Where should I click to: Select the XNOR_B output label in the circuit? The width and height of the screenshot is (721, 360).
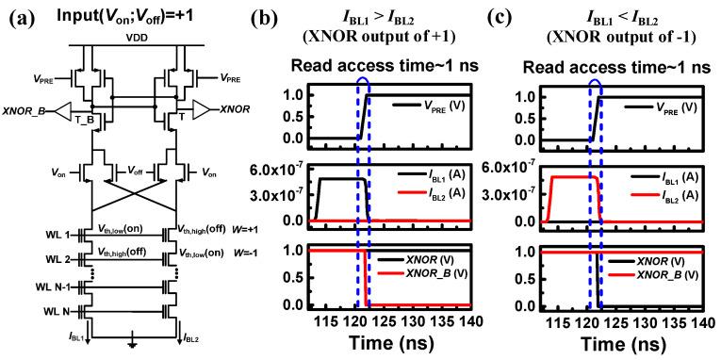point(29,111)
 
